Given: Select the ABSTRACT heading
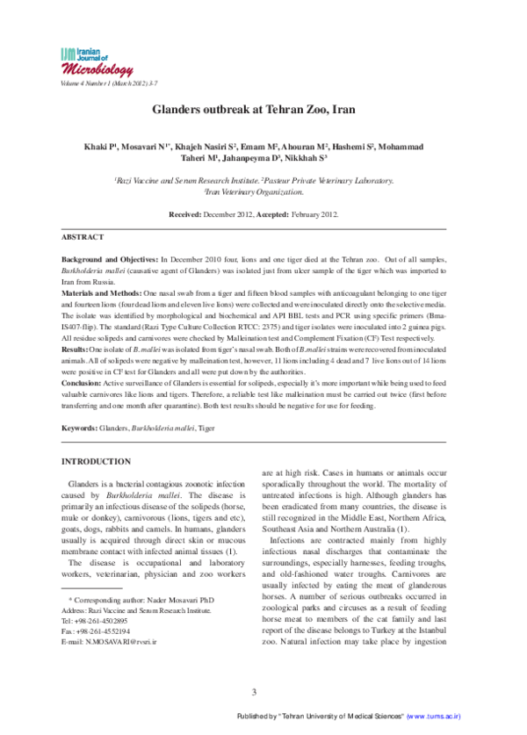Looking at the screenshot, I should point(83,237).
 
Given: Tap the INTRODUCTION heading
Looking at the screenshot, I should point(96,460).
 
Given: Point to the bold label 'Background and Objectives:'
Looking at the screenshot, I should point(109,263).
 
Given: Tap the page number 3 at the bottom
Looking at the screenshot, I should point(254,691).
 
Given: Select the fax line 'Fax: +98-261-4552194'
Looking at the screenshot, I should point(96,656).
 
